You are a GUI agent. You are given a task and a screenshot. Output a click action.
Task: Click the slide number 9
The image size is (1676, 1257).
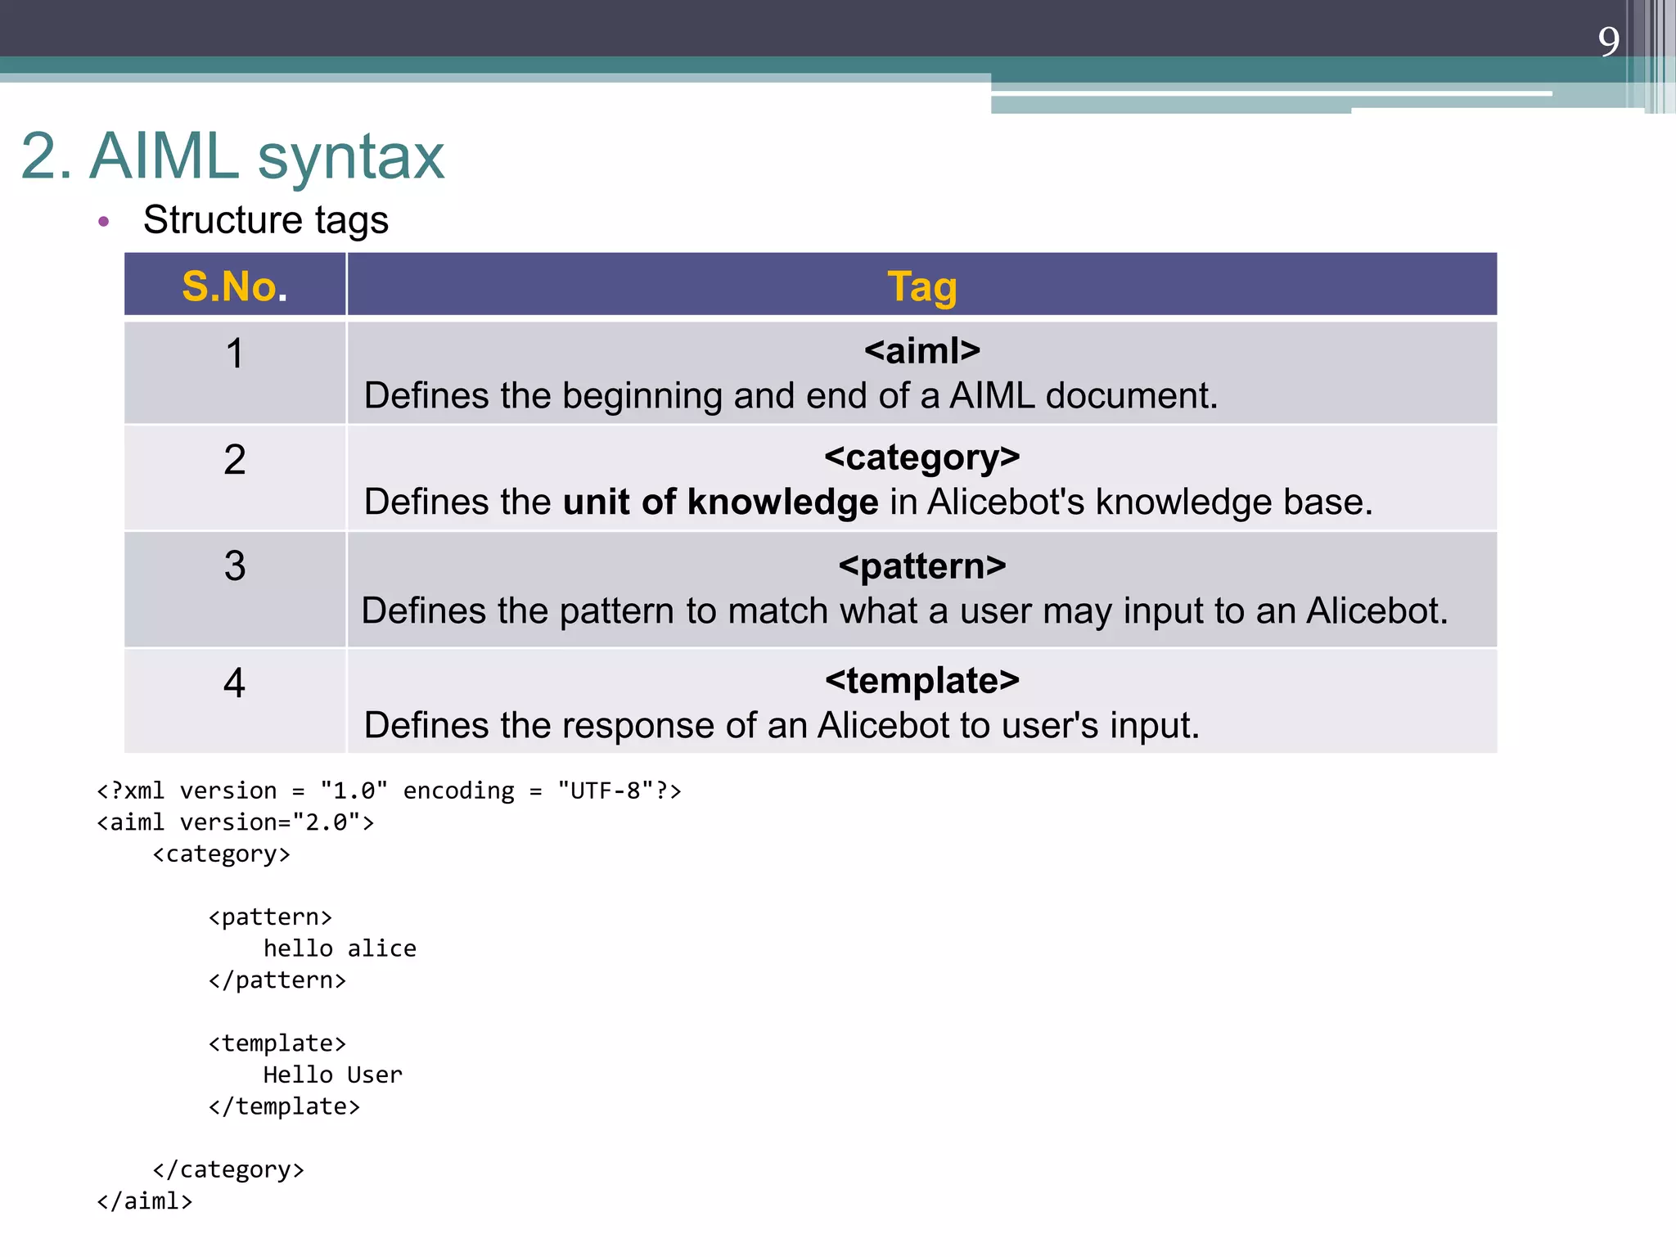[1608, 41]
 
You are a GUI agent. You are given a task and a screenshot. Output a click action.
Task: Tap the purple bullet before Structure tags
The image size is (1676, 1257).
[103, 221]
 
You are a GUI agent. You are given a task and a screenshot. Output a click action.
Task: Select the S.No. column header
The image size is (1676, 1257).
[235, 286]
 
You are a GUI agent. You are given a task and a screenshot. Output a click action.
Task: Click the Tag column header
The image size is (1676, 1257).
[921, 286]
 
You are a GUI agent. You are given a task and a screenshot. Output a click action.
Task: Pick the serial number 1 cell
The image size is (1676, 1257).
[235, 354]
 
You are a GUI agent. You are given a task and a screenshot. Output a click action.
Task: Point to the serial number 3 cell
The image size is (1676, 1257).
[235, 566]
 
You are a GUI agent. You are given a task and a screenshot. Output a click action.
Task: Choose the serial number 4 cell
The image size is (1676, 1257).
[235, 683]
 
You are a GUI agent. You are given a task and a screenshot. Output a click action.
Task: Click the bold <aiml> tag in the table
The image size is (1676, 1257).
[921, 351]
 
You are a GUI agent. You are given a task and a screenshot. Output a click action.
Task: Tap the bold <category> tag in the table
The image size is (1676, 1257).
[921, 457]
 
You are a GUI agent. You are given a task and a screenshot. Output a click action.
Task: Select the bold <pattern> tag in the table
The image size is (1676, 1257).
[921, 566]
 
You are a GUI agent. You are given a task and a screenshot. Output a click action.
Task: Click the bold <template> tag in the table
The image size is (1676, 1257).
[921, 681]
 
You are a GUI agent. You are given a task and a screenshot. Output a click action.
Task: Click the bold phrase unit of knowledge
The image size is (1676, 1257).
[720, 502]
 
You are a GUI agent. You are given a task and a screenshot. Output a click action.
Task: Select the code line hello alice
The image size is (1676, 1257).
[340, 948]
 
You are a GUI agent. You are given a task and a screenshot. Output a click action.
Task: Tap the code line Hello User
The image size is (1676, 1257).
[332, 1075]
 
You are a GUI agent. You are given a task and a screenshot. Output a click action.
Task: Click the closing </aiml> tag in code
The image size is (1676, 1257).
[145, 1201]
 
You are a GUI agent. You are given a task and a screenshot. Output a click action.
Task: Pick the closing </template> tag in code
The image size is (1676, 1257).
[284, 1106]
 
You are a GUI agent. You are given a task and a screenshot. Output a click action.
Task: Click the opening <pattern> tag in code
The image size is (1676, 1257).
[270, 917]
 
